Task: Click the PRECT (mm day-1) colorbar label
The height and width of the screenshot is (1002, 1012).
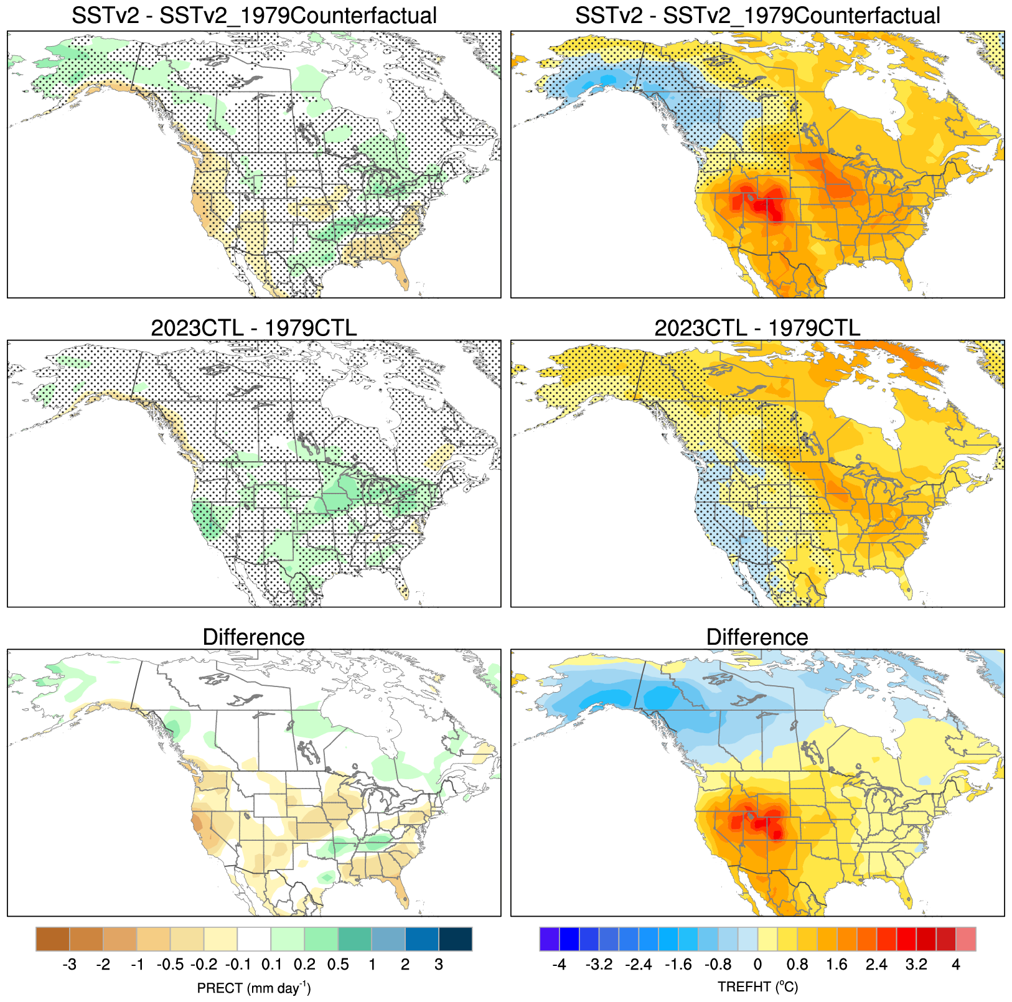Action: [253, 988]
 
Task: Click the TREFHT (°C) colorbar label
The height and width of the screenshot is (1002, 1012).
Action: [757, 987]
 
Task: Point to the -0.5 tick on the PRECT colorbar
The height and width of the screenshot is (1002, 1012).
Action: [170, 965]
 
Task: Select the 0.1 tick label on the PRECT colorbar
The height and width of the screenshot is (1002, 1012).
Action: [271, 965]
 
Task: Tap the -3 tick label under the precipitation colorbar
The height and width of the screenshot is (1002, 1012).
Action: [70, 965]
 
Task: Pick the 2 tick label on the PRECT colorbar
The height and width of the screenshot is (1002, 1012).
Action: [405, 965]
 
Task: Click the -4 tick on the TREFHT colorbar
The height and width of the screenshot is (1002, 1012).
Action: [559, 965]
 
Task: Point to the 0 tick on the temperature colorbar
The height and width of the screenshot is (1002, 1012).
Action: [757, 965]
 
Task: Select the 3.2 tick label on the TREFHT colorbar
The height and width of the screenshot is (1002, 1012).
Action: [916, 965]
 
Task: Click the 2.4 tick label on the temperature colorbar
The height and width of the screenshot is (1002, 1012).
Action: [876, 965]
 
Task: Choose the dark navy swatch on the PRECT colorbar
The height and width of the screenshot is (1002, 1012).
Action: [456, 939]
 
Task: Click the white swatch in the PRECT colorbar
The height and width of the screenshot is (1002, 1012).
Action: [254, 939]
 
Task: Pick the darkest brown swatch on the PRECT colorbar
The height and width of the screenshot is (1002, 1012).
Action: [53, 939]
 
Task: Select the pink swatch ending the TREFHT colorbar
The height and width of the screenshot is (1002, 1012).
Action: [966, 939]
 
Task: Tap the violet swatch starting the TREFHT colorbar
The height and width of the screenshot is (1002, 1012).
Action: [549, 939]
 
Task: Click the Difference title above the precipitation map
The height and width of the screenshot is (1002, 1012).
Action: [253, 637]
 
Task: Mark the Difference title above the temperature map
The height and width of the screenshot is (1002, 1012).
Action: [757, 637]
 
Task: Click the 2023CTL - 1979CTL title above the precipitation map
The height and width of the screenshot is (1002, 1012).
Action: [253, 327]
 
